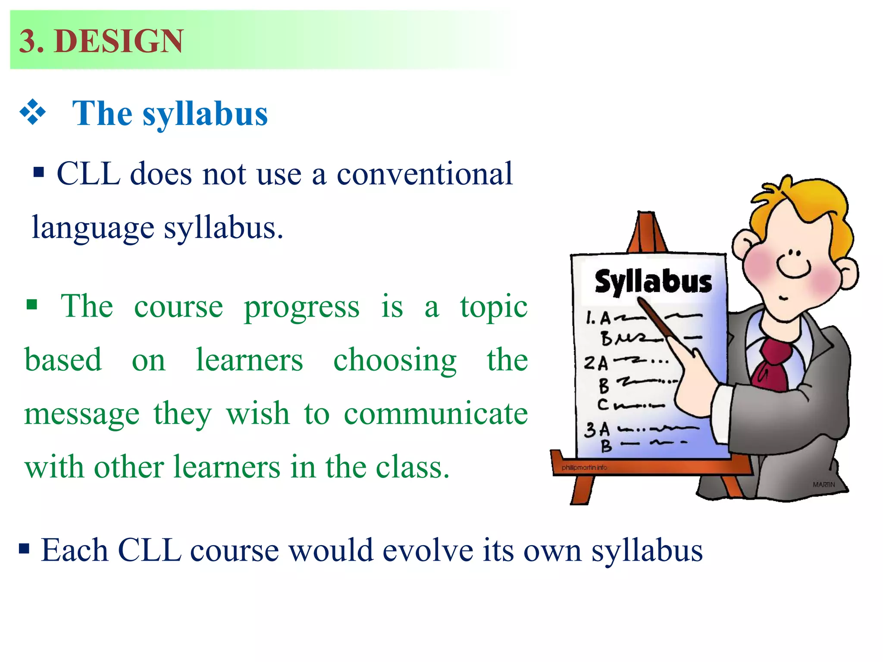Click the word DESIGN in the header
(119, 41)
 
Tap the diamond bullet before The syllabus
(33, 112)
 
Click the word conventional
(424, 174)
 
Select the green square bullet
(31, 305)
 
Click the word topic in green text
(494, 307)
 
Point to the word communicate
(435, 414)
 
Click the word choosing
(395, 360)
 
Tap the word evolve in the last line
(428, 551)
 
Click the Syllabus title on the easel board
(653, 282)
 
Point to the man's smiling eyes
(794, 253)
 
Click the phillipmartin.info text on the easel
(584, 468)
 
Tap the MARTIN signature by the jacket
(824, 484)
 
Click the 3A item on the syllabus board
(597, 430)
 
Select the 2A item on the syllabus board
(596, 362)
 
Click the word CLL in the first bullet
(88, 174)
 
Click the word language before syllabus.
(93, 228)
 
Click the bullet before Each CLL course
(24, 549)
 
